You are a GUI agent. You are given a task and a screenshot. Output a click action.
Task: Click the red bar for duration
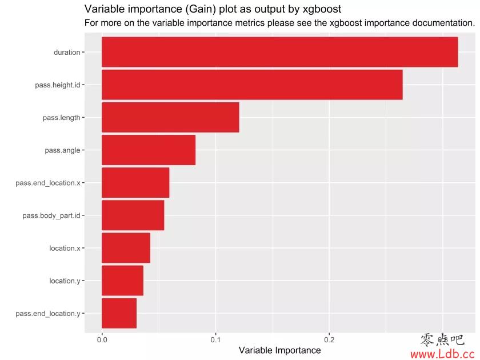click(279, 52)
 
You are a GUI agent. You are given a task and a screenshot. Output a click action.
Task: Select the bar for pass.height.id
click(252, 85)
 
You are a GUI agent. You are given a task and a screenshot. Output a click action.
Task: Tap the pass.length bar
click(170, 117)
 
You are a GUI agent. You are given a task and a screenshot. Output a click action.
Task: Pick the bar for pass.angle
click(149, 150)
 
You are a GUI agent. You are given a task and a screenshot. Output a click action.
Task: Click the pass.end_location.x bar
click(135, 182)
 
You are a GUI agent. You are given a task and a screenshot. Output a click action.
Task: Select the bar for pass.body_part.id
click(133, 215)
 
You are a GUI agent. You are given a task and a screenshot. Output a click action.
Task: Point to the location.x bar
click(126, 247)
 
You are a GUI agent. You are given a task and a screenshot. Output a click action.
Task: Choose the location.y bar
click(122, 280)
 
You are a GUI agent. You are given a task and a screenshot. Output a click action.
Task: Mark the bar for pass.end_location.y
click(119, 313)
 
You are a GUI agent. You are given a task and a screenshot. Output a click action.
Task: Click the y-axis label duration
click(67, 53)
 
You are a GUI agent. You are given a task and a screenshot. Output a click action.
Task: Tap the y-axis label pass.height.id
click(57, 85)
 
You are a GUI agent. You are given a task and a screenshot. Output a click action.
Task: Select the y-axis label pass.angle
click(62, 150)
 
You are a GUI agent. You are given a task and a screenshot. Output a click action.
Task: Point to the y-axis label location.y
click(65, 281)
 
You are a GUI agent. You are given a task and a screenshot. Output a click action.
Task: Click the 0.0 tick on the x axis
click(102, 339)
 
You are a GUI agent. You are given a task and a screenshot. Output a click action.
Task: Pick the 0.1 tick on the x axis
click(215, 339)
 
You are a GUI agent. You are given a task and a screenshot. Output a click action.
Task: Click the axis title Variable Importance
click(279, 350)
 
